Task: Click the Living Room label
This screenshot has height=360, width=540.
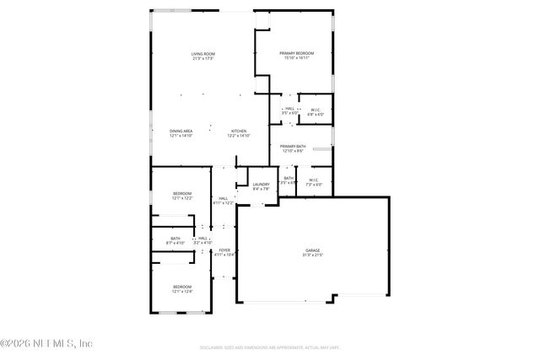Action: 202,54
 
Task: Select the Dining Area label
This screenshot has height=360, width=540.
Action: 181,131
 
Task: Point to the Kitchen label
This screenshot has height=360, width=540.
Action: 240,131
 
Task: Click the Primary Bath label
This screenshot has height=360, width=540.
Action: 293,147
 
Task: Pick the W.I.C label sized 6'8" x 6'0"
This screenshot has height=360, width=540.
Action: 314,109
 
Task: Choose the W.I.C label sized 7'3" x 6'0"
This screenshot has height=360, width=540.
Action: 313,179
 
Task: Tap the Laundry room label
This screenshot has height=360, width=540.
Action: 261,184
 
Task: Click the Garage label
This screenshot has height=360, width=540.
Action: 312,250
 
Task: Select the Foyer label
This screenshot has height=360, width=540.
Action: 225,250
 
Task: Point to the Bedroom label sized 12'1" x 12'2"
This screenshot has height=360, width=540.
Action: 182,194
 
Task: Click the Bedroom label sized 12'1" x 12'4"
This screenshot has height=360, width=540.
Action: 182,287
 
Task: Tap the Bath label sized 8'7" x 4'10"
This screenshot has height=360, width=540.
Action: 175,239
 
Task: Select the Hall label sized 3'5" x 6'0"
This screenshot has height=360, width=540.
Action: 289,108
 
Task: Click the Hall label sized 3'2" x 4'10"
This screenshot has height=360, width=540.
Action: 203,239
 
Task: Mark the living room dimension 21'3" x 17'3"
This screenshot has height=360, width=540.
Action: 202,59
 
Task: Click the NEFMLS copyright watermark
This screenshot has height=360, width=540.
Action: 46,343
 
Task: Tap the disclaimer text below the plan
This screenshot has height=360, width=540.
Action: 270,347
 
